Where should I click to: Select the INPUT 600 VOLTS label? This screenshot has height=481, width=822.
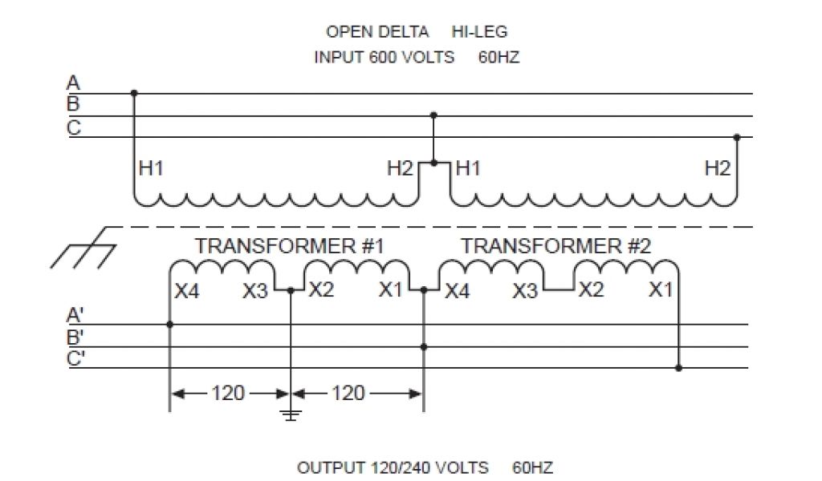pyautogui.click(x=384, y=58)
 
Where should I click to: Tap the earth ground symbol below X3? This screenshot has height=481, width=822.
pyautogui.click(x=290, y=414)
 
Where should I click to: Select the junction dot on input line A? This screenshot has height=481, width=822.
pyautogui.click(x=134, y=94)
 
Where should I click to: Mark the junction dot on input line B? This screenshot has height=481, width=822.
pyautogui.click(x=434, y=115)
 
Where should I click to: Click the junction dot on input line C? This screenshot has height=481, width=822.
pyautogui.click(x=736, y=137)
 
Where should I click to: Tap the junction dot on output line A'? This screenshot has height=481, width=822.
pyautogui.click(x=170, y=325)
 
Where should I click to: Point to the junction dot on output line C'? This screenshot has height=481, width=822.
pyautogui.click(x=679, y=368)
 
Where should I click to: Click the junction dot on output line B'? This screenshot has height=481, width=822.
pyautogui.click(x=424, y=346)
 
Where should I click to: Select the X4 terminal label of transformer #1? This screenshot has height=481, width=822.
pyautogui.click(x=186, y=290)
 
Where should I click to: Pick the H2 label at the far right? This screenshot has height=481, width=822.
pyautogui.click(x=718, y=168)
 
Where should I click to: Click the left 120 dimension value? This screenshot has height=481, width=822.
pyautogui.click(x=228, y=394)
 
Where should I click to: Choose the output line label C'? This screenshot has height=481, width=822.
pyautogui.click(x=75, y=358)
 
